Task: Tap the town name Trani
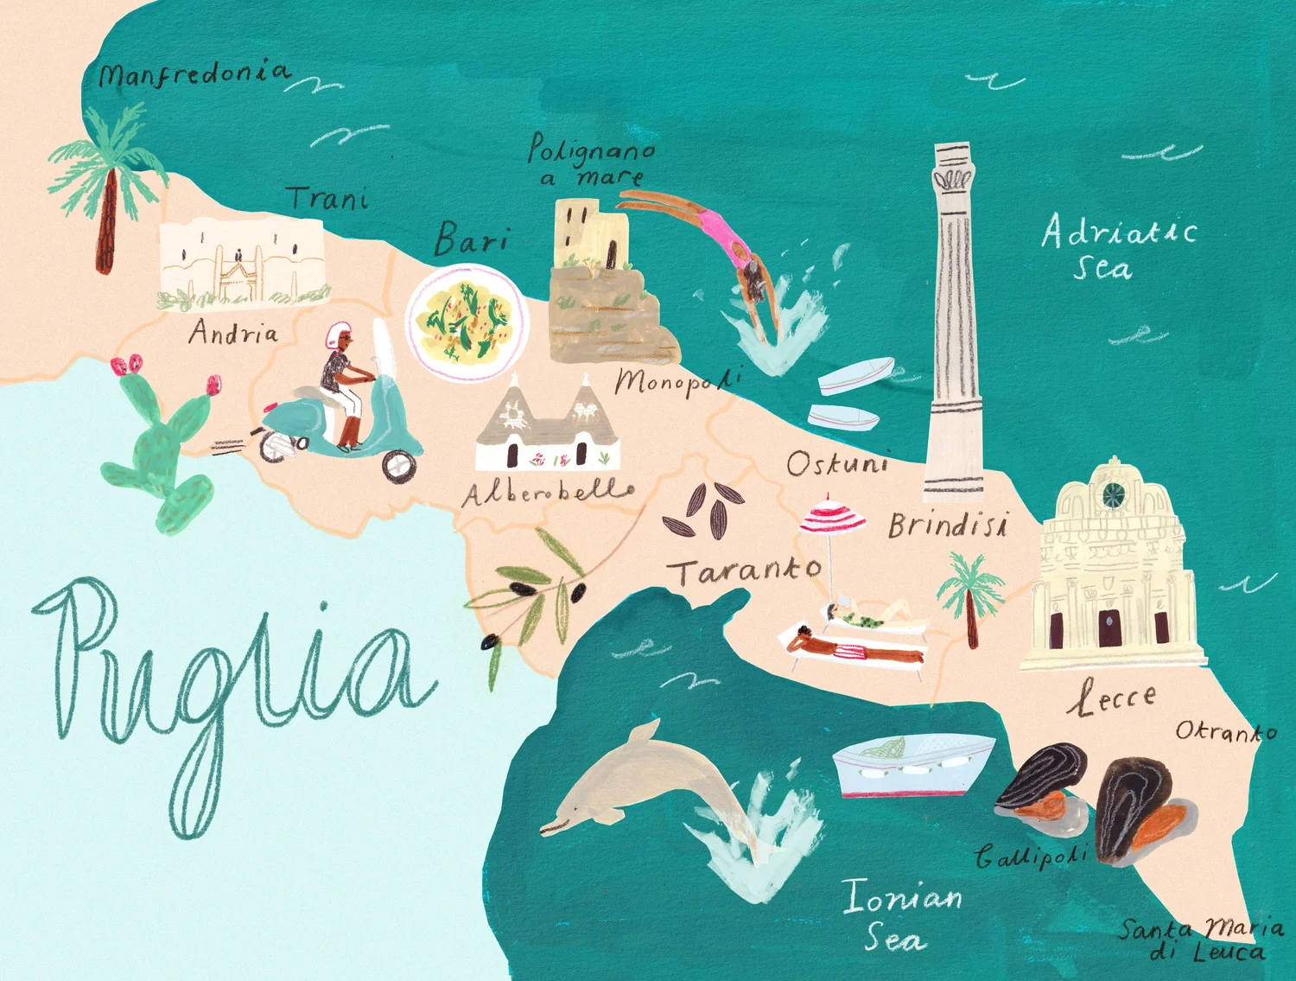[x=328, y=199]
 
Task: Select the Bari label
[x=471, y=239]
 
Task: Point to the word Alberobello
[x=550, y=494]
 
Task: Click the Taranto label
[x=745, y=571]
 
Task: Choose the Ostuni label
[x=837, y=465]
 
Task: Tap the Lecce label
[x=1112, y=698]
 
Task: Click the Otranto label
[x=1225, y=732]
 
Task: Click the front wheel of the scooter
[x=399, y=467]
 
